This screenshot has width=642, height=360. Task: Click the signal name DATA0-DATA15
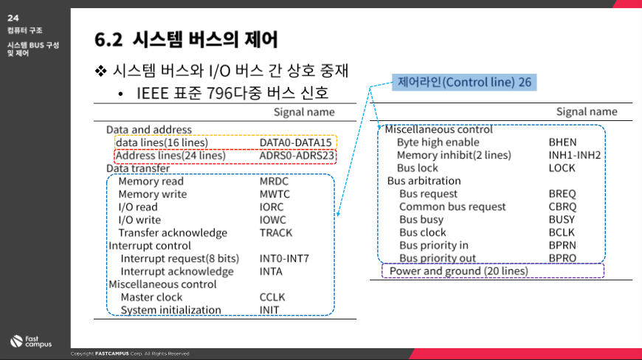tap(296, 142)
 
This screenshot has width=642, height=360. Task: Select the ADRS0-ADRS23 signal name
tap(297, 156)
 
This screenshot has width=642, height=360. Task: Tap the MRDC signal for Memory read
tap(274, 181)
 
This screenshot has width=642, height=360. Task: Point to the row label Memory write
tap(152, 194)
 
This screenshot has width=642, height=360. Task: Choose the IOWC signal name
tap(273, 220)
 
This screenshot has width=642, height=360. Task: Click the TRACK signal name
tap(276, 233)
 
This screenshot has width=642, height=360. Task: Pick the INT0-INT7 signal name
tap(284, 258)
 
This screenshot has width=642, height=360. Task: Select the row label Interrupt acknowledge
tap(177, 271)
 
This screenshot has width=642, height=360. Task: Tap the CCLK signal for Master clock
tap(272, 297)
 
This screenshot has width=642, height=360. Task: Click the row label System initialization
tap(170, 310)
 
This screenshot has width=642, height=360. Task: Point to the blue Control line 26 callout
tap(464, 82)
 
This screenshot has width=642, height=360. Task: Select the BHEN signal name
tap(562, 142)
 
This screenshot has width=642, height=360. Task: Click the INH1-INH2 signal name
tap(574, 155)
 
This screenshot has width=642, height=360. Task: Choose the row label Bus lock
tap(417, 167)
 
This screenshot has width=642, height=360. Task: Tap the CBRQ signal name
tap(562, 207)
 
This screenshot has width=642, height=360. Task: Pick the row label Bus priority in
tap(434, 245)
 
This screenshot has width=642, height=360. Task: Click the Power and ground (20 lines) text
tap(458, 271)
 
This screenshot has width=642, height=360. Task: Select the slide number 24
tap(13, 18)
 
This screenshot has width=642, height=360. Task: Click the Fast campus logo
tap(31, 341)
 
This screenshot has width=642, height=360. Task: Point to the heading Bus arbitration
tap(424, 181)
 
